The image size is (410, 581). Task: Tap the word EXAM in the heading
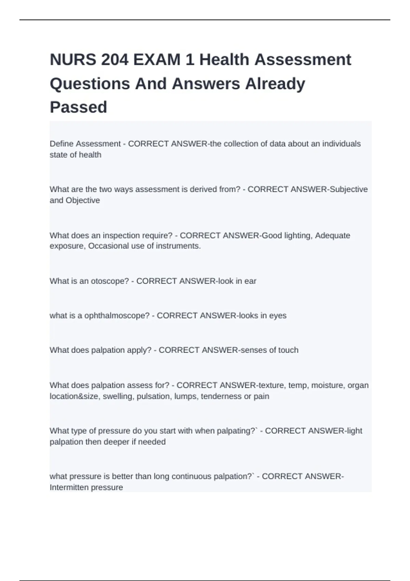[157, 60]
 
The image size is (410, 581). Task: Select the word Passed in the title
[79, 107]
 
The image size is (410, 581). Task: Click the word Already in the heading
[275, 84]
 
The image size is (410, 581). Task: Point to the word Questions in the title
[90, 84]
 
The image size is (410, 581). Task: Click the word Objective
[83, 200]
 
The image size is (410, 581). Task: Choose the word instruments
[178, 246]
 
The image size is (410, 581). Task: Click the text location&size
[74, 396]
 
